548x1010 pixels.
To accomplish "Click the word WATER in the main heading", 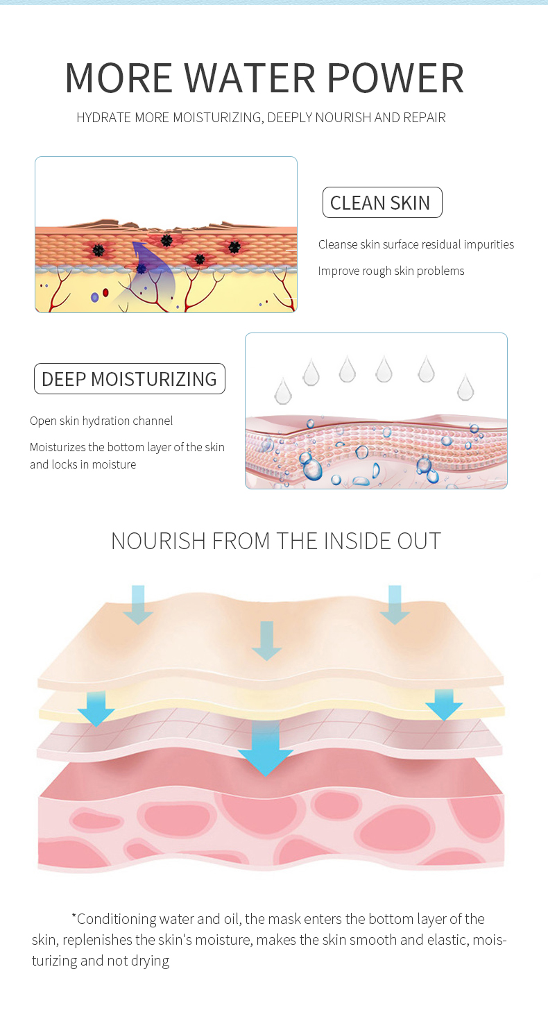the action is click(250, 78).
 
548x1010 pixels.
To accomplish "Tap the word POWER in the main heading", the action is click(395, 78).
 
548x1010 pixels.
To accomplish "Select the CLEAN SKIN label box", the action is click(382, 203).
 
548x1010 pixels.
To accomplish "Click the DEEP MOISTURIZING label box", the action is click(129, 379).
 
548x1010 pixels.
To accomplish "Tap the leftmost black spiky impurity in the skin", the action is click(99, 250).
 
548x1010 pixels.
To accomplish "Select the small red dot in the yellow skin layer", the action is click(105, 293).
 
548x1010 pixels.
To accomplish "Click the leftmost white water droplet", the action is click(283, 391).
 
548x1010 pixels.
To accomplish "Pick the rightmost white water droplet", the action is click(465, 387).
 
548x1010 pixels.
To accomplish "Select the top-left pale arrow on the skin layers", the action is click(138, 605).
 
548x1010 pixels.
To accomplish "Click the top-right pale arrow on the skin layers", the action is click(395, 605).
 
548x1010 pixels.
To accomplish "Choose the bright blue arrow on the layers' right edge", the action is click(444, 705).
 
